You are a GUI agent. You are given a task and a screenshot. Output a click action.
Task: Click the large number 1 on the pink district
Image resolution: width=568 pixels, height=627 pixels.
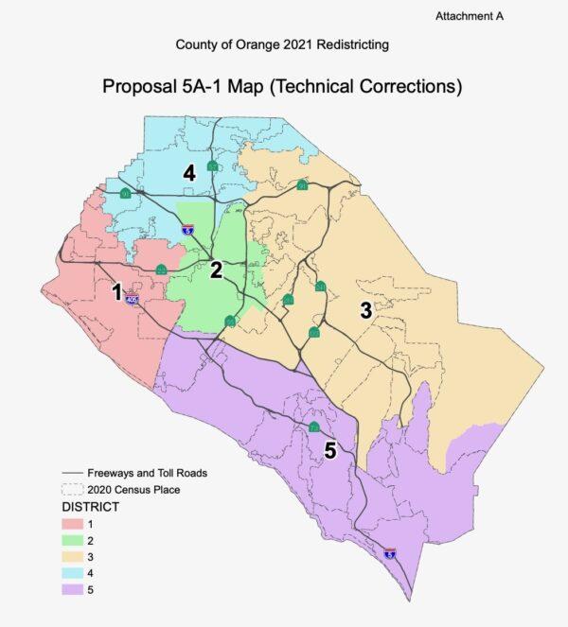point(116,292)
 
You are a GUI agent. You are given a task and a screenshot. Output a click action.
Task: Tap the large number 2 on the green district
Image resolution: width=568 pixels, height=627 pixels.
point(216,270)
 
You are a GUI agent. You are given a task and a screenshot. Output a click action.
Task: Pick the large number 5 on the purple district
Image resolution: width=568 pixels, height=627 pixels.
point(329,450)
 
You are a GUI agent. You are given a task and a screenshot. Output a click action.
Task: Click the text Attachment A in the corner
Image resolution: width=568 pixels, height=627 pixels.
point(470,17)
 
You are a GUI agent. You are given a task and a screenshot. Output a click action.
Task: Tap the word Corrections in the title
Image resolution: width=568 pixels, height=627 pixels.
point(408,88)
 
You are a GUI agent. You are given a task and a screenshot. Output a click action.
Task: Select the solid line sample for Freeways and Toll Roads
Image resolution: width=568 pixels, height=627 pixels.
point(72,473)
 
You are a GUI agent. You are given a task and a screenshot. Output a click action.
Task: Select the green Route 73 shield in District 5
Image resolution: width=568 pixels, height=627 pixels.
point(312,428)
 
